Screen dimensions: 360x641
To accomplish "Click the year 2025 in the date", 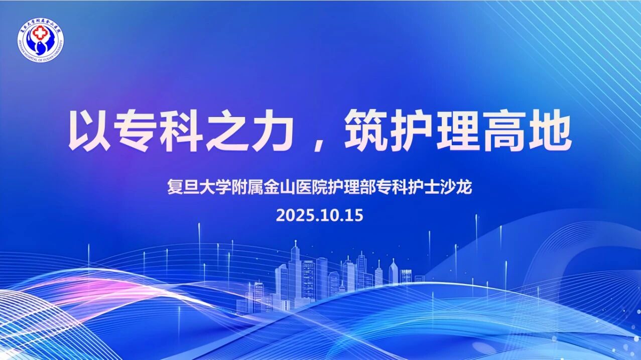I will (x=292, y=215).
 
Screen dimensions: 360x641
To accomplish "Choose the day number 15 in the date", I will (x=353, y=215).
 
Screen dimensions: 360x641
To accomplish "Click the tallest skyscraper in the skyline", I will (x=296, y=271).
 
